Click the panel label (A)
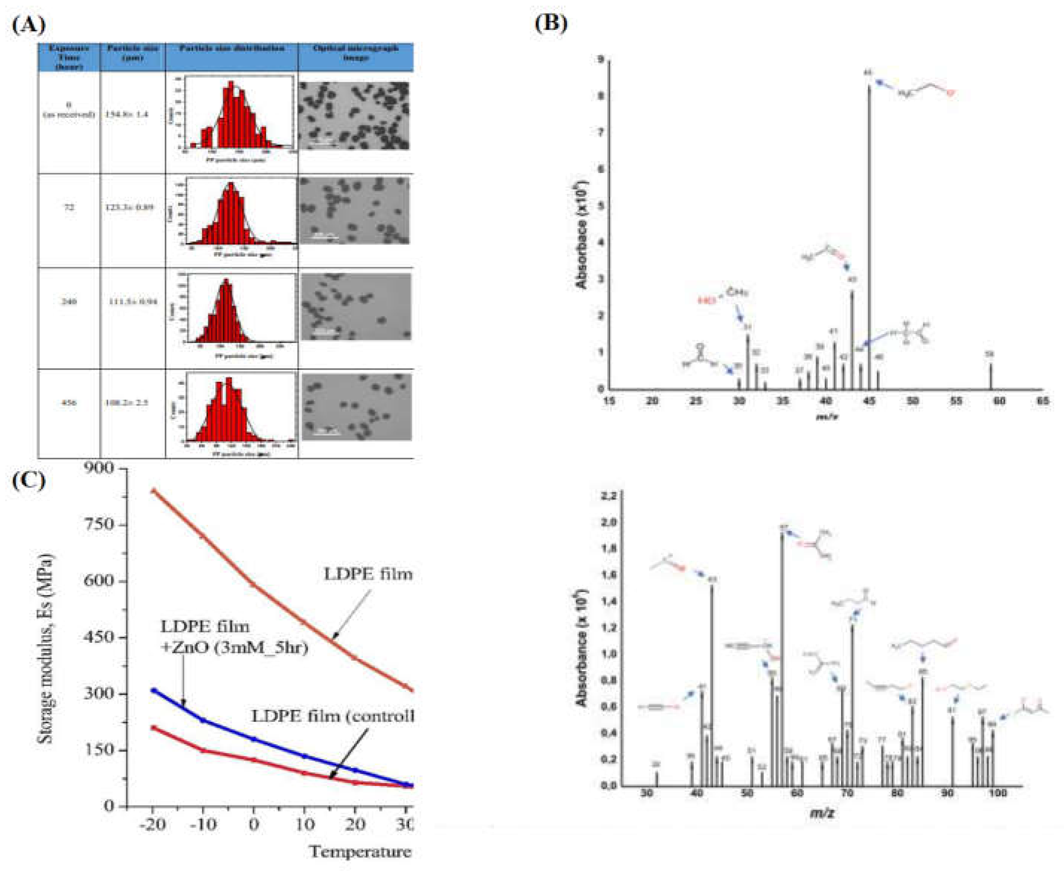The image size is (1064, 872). (x=29, y=25)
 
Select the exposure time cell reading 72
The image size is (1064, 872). (x=69, y=207)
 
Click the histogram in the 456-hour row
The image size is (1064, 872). (x=240, y=408)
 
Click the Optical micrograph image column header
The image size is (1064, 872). (x=355, y=53)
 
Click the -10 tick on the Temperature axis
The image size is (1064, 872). (x=203, y=824)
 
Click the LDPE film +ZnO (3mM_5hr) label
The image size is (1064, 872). (x=233, y=637)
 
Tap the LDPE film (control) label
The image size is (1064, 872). (x=332, y=716)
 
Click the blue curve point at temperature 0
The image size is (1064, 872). (x=254, y=739)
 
